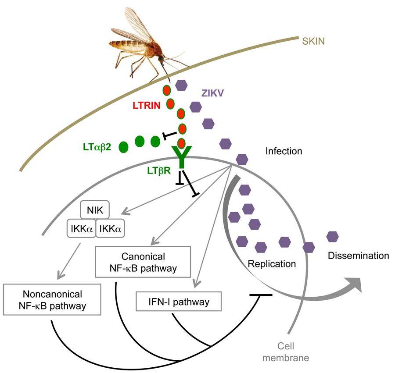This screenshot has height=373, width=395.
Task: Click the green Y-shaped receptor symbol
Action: click(x=181, y=157)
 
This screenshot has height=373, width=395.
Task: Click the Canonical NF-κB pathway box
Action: click(x=143, y=261)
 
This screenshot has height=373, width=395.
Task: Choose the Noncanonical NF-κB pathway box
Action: click(x=52, y=300)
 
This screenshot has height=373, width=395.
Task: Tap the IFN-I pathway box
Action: click(x=177, y=302)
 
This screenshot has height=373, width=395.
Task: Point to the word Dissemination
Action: click(x=359, y=256)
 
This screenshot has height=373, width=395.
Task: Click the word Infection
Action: click(x=284, y=152)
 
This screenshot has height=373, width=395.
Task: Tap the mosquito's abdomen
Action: click(x=125, y=44)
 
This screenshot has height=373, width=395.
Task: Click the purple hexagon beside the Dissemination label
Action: click(x=332, y=237)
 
